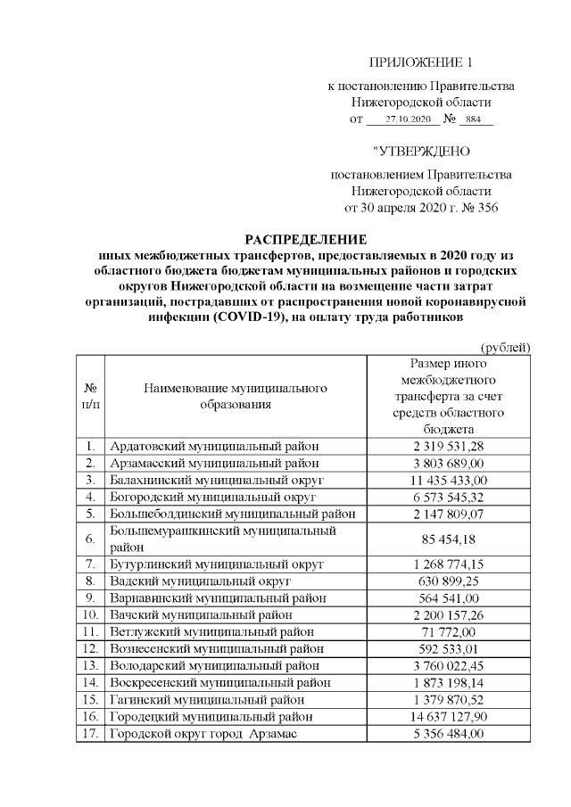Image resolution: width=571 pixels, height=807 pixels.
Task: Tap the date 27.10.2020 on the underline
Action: (x=409, y=119)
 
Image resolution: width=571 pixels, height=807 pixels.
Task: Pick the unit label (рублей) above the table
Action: (x=505, y=347)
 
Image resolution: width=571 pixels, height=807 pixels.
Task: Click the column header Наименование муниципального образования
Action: (x=235, y=397)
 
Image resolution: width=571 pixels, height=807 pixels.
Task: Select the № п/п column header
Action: (x=90, y=397)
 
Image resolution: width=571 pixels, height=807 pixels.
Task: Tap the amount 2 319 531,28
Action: (x=448, y=446)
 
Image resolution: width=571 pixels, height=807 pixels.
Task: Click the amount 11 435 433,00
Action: (x=448, y=479)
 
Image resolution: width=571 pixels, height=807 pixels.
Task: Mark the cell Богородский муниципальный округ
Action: (x=213, y=496)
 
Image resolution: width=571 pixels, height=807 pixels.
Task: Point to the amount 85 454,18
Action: (x=448, y=539)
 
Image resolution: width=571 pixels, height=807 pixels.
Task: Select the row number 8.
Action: (x=90, y=581)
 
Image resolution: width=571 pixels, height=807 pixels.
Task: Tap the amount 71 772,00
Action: (x=448, y=631)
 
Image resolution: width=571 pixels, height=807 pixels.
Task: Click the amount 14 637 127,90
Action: (x=448, y=716)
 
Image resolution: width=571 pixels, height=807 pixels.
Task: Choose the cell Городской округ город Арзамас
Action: (x=203, y=733)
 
